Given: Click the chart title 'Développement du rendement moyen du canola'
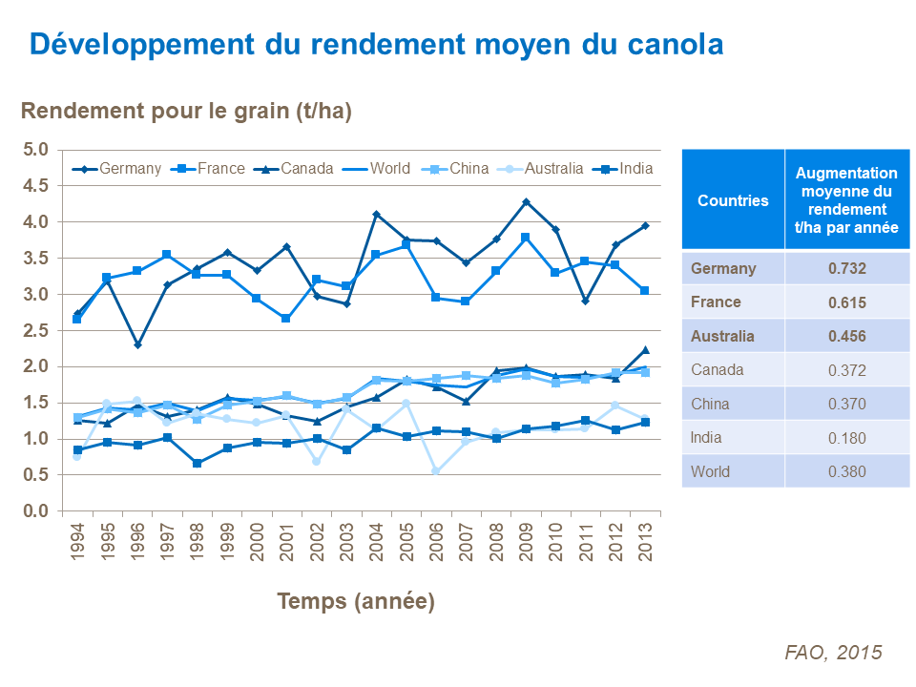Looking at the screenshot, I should coord(376,45).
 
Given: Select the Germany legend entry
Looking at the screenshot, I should coord(118,168).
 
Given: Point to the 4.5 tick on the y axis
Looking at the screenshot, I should coord(36,186).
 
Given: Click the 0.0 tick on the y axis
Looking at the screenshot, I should coord(36,511).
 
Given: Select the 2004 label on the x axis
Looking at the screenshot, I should coord(376,545).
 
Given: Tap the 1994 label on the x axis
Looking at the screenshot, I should coord(77,545).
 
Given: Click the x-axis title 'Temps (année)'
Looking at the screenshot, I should coord(356,601).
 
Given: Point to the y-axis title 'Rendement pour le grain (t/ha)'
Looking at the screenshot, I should coord(187,112).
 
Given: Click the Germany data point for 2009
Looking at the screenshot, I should coord(526,202).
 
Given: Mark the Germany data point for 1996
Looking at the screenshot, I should coord(137,344).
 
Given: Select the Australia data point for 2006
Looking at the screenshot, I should coord(436,471).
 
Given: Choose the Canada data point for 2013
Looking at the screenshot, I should coord(645,350).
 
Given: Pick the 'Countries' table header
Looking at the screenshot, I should coord(733,200).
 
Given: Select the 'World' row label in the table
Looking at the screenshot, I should coord(711,471).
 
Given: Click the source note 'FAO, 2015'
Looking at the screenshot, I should coord(833,652).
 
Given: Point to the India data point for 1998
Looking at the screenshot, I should coord(198,464).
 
